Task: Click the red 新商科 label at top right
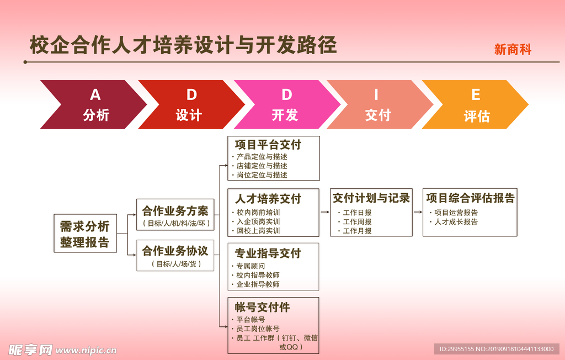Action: pyautogui.click(x=513, y=50)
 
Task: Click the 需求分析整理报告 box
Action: pyautogui.click(x=85, y=234)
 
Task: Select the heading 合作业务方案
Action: pyautogui.click(x=175, y=211)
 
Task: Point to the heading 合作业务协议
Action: pyautogui.click(x=175, y=251)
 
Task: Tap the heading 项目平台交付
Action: pyautogui.click(x=268, y=145)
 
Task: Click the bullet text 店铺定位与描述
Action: pyautogui.click(x=262, y=166)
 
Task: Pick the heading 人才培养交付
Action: pyautogui.click(x=268, y=199)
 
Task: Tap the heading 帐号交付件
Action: pyautogui.click(x=262, y=307)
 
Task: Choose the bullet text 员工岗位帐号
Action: pyautogui.click(x=258, y=329)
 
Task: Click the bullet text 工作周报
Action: pyautogui.click(x=357, y=221)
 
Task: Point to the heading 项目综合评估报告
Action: pyautogui.click(x=470, y=198)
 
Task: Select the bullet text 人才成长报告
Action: pyautogui.click(x=456, y=222)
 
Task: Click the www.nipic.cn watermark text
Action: pyautogui.click(x=86, y=350)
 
